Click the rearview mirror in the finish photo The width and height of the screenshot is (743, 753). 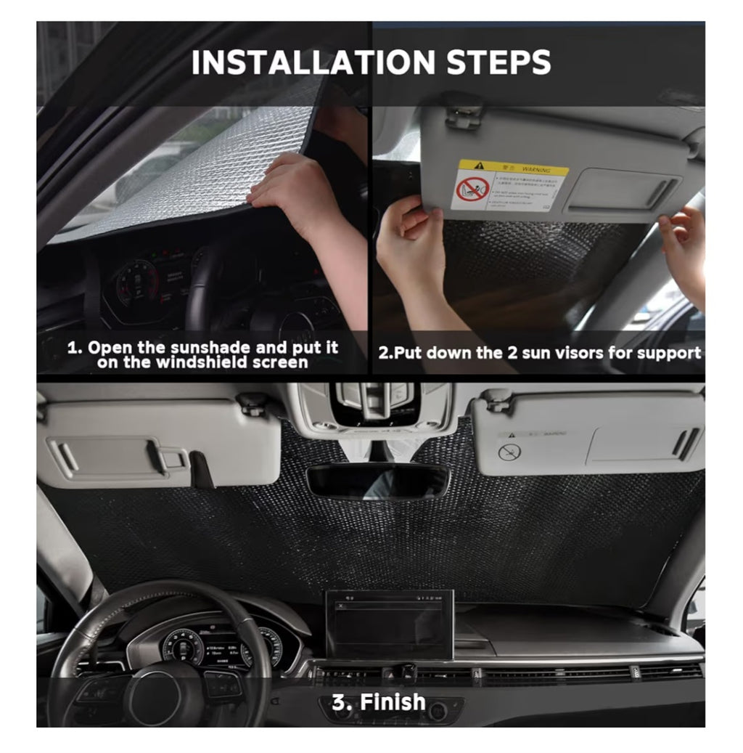click(377, 482)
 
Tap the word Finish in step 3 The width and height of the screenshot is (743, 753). click(393, 702)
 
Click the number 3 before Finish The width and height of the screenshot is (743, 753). click(339, 702)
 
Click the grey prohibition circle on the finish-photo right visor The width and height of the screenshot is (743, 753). click(509, 452)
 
